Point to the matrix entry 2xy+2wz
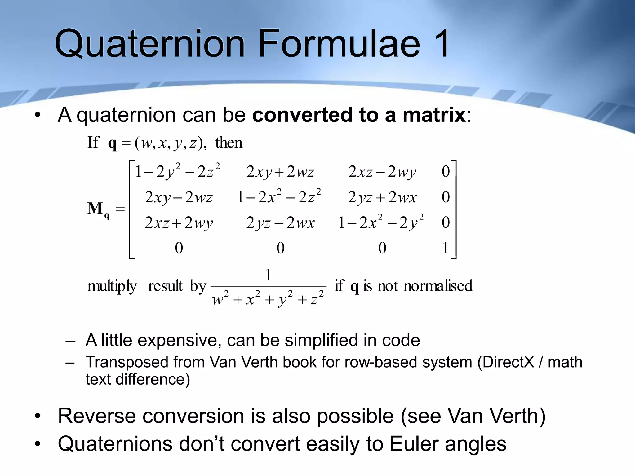click(280, 172)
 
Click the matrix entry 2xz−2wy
click(382, 172)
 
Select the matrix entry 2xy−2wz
click(179, 197)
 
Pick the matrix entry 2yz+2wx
click(382, 197)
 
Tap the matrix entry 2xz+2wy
click(179, 223)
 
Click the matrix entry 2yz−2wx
click(280, 223)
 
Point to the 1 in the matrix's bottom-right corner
click(446, 248)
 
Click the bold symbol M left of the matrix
click(95, 208)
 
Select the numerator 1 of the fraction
click(269, 275)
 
